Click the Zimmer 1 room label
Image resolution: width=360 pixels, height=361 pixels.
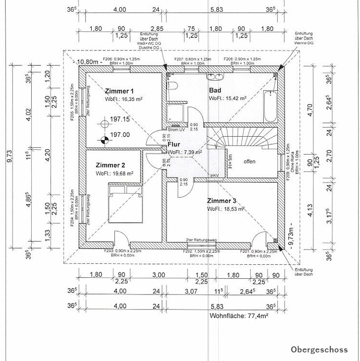tap(119, 91)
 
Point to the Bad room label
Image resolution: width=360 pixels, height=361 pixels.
tap(215, 90)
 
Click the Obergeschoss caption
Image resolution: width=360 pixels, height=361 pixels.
tap(319, 349)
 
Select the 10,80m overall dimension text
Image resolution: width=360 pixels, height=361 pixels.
tap(87, 63)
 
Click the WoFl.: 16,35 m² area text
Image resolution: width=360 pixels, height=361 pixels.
tap(124, 99)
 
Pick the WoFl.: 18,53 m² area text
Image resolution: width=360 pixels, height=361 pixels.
tap(226, 208)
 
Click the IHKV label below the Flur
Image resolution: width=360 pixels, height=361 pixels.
tap(214, 176)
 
